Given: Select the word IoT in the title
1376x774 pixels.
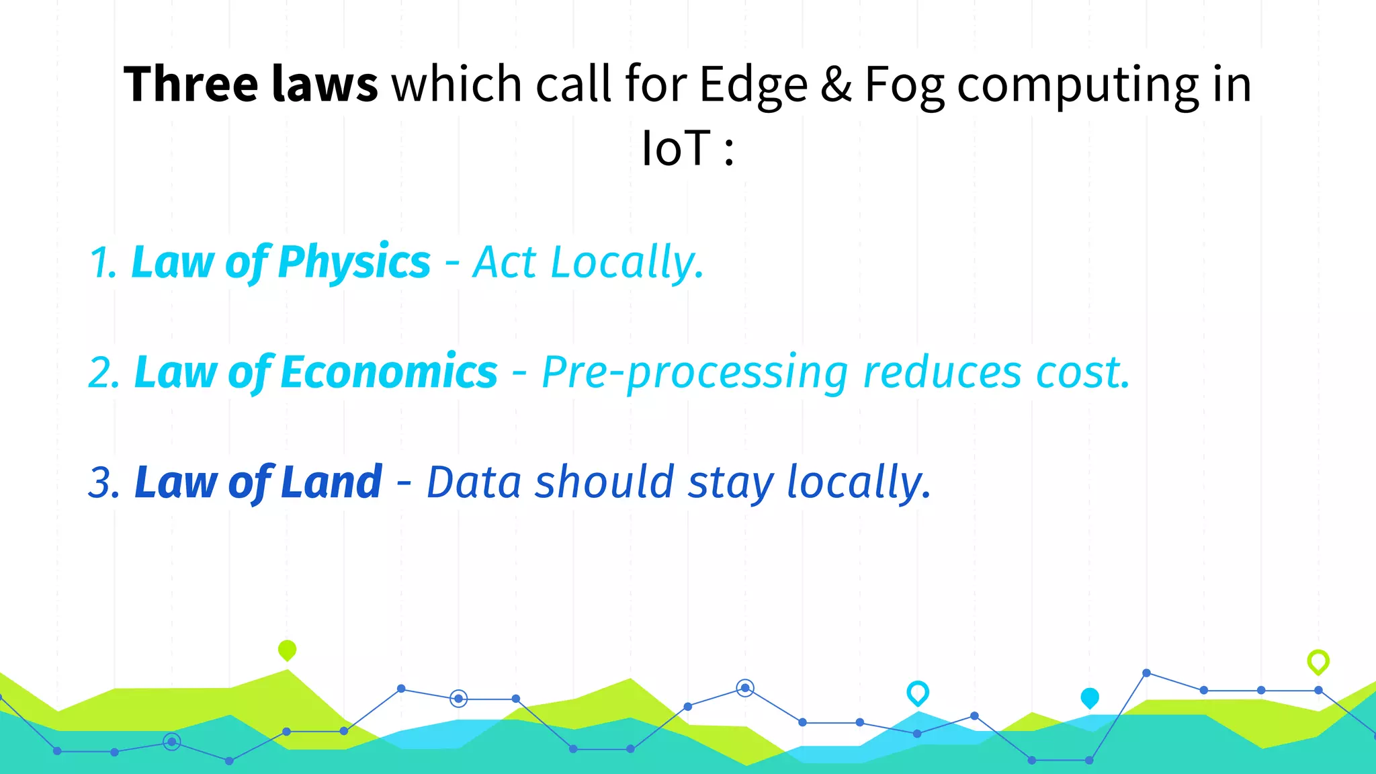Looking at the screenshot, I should [675, 148].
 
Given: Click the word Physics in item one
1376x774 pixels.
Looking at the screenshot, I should [353, 263].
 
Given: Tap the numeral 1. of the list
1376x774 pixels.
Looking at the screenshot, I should [103, 263].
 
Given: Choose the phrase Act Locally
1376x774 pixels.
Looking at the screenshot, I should [588, 263].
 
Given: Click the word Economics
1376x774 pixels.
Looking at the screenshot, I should [388, 372].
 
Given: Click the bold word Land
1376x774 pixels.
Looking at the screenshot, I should [331, 482].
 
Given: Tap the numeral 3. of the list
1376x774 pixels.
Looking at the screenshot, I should [105, 483].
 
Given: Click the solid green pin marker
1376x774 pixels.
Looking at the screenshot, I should [287, 650].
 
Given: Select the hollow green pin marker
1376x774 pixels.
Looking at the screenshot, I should [1318, 661].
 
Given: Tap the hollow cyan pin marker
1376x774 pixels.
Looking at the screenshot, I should [918, 692].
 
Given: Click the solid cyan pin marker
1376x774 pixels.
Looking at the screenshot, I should [1089, 697].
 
